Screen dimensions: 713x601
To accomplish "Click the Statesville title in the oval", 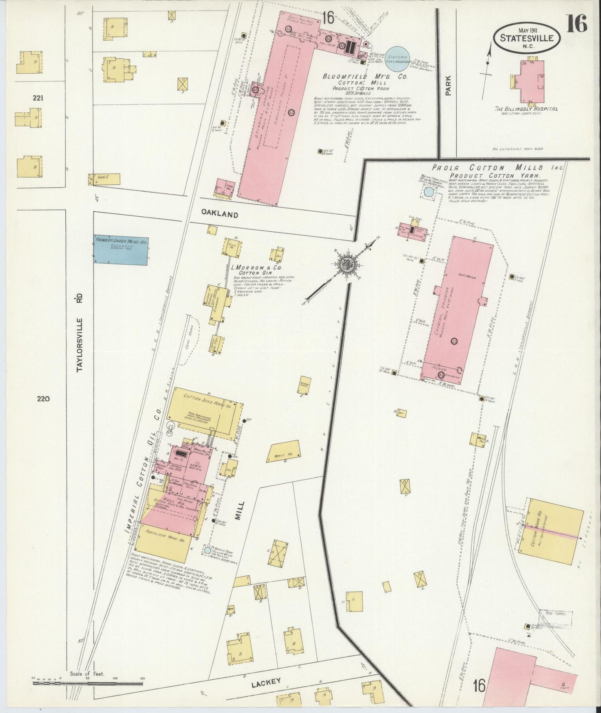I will (527, 38).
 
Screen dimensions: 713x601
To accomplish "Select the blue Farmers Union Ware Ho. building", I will (120, 250).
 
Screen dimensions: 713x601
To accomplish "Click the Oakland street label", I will (220, 214).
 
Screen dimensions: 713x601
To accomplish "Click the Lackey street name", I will (267, 681).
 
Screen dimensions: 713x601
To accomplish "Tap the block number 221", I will (38, 99).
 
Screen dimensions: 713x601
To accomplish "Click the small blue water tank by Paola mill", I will (428, 192).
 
